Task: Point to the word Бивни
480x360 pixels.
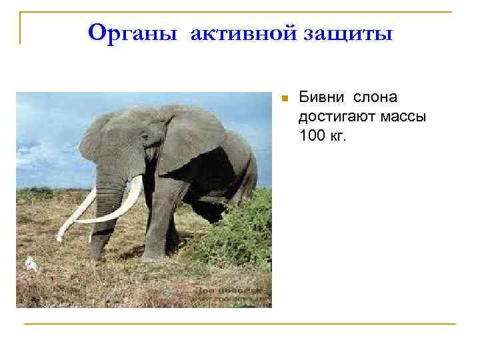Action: click(320, 97)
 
